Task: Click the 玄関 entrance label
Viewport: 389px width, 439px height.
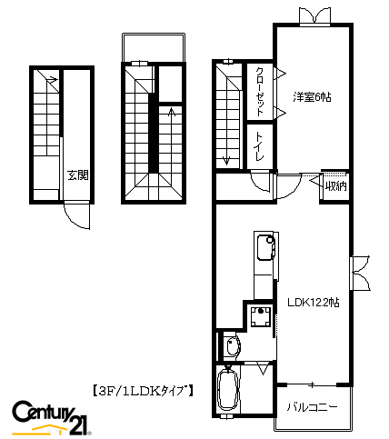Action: click(x=78, y=175)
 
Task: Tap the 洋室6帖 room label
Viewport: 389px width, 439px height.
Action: click(x=312, y=97)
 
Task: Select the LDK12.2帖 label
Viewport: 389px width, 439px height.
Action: click(x=313, y=302)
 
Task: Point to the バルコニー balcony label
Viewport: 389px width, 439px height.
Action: click(x=312, y=407)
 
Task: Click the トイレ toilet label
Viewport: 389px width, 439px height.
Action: click(x=260, y=146)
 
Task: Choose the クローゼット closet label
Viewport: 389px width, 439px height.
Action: click(x=260, y=92)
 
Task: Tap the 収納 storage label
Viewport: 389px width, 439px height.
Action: click(x=335, y=186)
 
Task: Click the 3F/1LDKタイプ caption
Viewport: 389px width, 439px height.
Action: click(x=143, y=391)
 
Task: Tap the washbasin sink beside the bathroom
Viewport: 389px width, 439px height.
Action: click(x=233, y=346)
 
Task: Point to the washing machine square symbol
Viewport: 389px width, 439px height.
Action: click(x=261, y=316)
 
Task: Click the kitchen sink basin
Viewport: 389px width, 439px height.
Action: click(x=265, y=247)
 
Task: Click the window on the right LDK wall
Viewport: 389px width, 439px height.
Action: click(x=360, y=274)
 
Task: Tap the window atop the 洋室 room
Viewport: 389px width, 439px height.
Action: click(x=314, y=15)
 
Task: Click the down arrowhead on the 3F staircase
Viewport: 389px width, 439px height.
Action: click(x=226, y=161)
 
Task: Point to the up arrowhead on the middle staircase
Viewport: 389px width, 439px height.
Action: click(x=172, y=112)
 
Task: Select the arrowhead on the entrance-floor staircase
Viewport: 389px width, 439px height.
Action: click(x=54, y=80)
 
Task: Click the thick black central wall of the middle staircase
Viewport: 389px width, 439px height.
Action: click(x=155, y=134)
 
